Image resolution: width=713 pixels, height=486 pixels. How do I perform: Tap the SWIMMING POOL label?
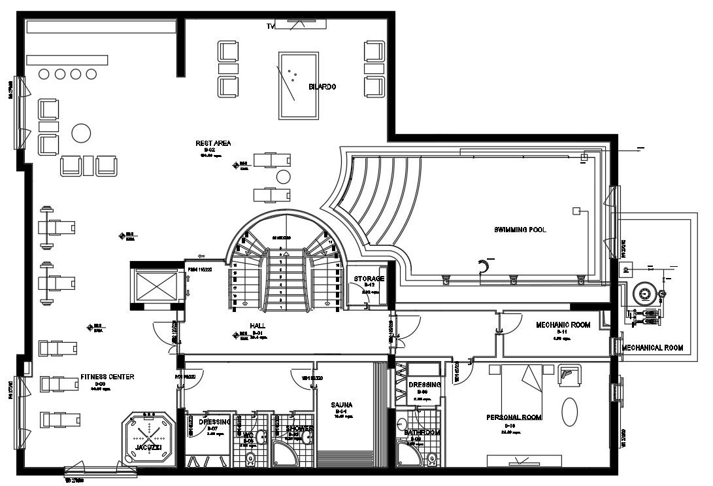(x=520, y=230)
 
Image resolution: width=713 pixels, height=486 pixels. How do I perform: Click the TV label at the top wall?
(x=270, y=26)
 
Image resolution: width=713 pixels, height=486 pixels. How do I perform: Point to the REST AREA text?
(x=213, y=143)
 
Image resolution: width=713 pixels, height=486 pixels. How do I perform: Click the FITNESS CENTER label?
(x=107, y=377)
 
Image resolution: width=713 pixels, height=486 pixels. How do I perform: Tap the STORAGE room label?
(x=369, y=279)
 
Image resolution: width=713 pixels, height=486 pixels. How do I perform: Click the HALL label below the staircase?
(x=257, y=325)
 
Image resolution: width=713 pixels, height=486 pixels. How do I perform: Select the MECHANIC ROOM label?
(x=563, y=325)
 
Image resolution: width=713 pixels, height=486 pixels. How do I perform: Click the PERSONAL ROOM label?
(x=514, y=417)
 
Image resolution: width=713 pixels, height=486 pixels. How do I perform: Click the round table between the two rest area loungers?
(x=283, y=177)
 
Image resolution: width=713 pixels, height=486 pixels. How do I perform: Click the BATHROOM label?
(x=422, y=433)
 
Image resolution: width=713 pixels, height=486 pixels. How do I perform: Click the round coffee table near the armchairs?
(x=81, y=133)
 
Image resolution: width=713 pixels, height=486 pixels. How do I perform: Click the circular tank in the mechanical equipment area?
(x=648, y=294)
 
